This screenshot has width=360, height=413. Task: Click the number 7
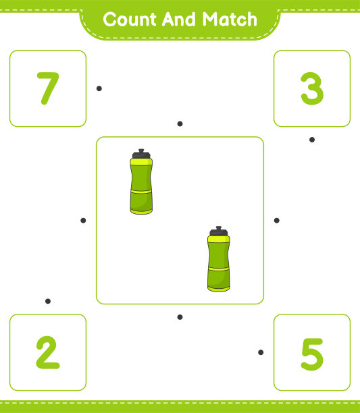coord(49,88)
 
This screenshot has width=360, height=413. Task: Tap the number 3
coord(312,88)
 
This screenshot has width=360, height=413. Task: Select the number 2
coord(48,352)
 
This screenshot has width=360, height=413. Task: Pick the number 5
coord(312,354)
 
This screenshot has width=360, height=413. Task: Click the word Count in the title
coord(130,19)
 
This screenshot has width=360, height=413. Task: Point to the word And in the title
coord(179,19)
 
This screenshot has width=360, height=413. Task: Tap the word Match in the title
coord(230,19)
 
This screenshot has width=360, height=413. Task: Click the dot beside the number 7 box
coord(99,88)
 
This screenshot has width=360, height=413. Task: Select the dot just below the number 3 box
coord(312,140)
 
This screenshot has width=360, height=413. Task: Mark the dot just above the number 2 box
coord(48,301)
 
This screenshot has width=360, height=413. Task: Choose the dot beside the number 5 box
coord(261,352)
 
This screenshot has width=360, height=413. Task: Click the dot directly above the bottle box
coord(180,123)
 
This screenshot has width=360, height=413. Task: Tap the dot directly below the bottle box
coord(180,317)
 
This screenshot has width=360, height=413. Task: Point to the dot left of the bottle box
coord(83,221)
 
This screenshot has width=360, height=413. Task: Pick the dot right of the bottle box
coord(277,221)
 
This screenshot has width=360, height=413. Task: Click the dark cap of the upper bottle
coord(141,154)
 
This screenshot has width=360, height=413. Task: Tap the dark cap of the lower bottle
coord(218,231)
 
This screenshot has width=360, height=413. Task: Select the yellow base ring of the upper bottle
coord(141,211)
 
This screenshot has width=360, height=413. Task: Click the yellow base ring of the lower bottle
coord(219,289)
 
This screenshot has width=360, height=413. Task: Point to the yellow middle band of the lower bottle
coord(219,269)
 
